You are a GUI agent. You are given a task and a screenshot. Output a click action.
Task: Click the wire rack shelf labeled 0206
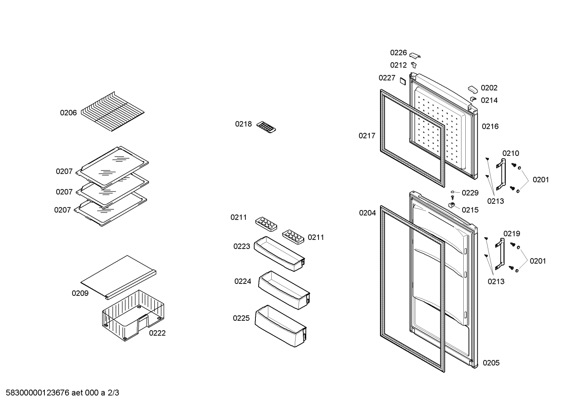(113, 112)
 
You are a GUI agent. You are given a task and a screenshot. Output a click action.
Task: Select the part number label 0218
(243, 124)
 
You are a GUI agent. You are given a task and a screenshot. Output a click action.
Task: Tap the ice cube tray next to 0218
(266, 127)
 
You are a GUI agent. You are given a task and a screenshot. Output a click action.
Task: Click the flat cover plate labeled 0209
(118, 277)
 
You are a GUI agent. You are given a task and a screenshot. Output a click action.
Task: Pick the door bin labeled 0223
(279, 254)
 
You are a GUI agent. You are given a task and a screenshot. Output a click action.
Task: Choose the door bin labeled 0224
(284, 290)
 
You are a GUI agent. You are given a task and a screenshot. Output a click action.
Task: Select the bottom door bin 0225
(280, 326)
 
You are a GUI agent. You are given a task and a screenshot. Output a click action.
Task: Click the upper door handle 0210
(501, 174)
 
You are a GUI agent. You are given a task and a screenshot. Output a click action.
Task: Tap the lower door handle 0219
(500, 254)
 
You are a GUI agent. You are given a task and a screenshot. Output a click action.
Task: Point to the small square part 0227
(403, 81)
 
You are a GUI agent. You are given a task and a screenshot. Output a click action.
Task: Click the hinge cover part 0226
(415, 55)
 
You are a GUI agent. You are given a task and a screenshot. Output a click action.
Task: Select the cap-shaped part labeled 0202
(473, 90)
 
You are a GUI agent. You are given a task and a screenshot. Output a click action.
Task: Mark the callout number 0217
(367, 136)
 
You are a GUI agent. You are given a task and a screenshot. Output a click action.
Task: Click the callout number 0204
(367, 213)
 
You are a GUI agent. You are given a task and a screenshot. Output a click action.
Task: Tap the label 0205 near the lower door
(491, 363)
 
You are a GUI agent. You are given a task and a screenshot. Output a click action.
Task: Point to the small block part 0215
(452, 205)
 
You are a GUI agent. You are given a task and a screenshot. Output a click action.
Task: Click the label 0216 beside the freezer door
(490, 126)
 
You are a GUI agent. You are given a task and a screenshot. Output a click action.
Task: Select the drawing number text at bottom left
(62, 393)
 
